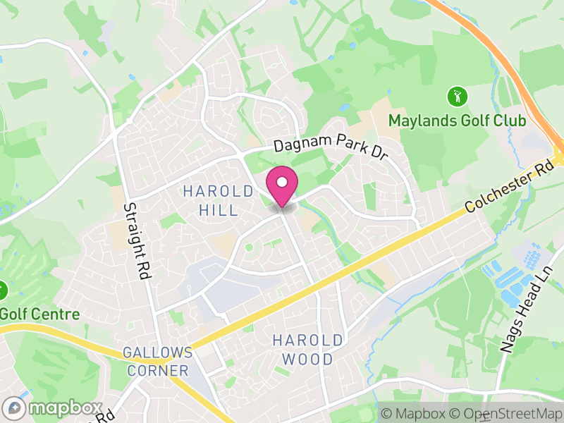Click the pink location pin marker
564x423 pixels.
click(282, 188)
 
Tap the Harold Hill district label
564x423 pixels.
click(218, 200)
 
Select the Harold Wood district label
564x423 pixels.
click(307, 350)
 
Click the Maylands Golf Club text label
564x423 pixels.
click(457, 121)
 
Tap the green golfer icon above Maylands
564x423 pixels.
click(457, 94)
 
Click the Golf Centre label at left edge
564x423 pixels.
click(39, 314)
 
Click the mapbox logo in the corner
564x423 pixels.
click(53, 408)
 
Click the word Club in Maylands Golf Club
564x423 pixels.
click(510, 121)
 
